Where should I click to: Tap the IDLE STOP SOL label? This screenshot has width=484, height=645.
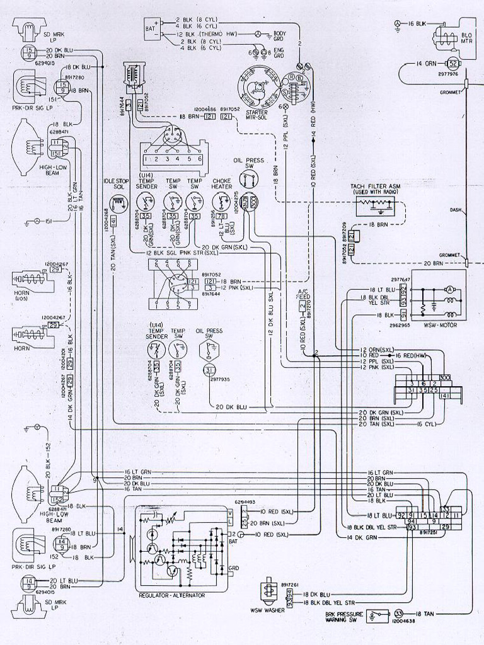pos(116,183)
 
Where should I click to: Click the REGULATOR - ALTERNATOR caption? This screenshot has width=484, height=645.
pos(170,595)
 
